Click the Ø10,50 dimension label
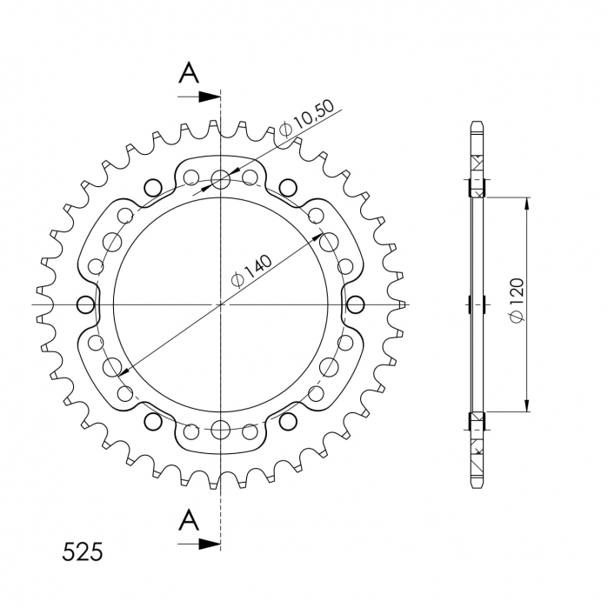(x=307, y=117)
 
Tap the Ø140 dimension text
(x=251, y=271)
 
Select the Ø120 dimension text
(x=518, y=300)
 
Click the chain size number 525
(x=83, y=551)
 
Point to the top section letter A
(x=189, y=73)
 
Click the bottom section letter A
(x=189, y=520)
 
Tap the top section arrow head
(x=210, y=97)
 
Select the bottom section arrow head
(x=210, y=544)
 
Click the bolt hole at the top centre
(x=221, y=179)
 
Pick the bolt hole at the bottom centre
(x=221, y=429)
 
